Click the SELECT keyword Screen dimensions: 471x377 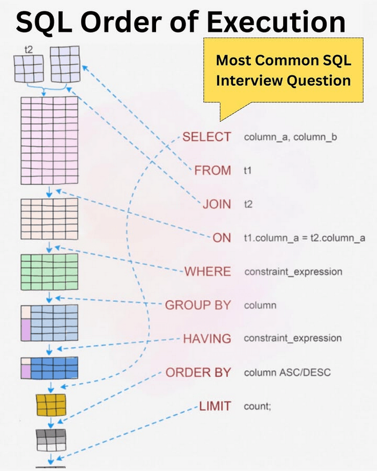pyautogui.click(x=206, y=137)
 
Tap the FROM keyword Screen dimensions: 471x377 pyautogui.click(x=212, y=171)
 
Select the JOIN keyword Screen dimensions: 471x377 pyautogui.click(x=216, y=204)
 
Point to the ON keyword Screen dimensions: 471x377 pyautogui.click(x=221, y=238)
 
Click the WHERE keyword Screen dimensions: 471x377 pyautogui.click(x=208, y=272)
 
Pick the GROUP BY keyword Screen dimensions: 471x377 pyautogui.click(x=197, y=305)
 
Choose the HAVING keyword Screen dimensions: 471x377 pyautogui.click(x=207, y=339)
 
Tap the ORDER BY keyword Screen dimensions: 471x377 pyautogui.click(x=198, y=372)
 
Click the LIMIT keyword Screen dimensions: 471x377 pyautogui.click(x=215, y=406)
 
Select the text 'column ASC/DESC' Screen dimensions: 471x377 pyautogui.click(x=287, y=372)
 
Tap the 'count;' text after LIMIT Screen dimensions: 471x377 pyautogui.click(x=258, y=406)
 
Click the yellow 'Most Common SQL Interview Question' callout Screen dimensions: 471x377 pyautogui.click(x=283, y=70)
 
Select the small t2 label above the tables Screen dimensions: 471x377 pyautogui.click(x=28, y=49)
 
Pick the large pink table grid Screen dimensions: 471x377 pyautogui.click(x=49, y=140)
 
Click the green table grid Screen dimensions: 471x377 pyautogui.click(x=49, y=272)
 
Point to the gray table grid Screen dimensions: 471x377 pyautogui.click(x=51, y=439)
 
